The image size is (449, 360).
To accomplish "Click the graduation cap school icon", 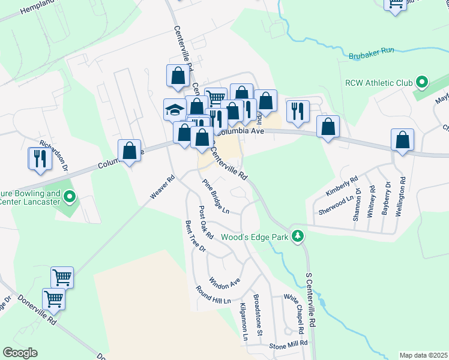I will pos(173,110).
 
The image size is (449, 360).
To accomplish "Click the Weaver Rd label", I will pos(162,187).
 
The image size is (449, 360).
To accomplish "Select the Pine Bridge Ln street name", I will pos(216,197).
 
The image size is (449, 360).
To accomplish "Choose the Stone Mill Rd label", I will pos(288,344).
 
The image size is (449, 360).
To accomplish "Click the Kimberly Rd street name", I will pos(342,186).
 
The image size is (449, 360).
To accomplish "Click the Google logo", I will pos(20,353).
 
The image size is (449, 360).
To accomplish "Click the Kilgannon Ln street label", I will pos(244,322).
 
